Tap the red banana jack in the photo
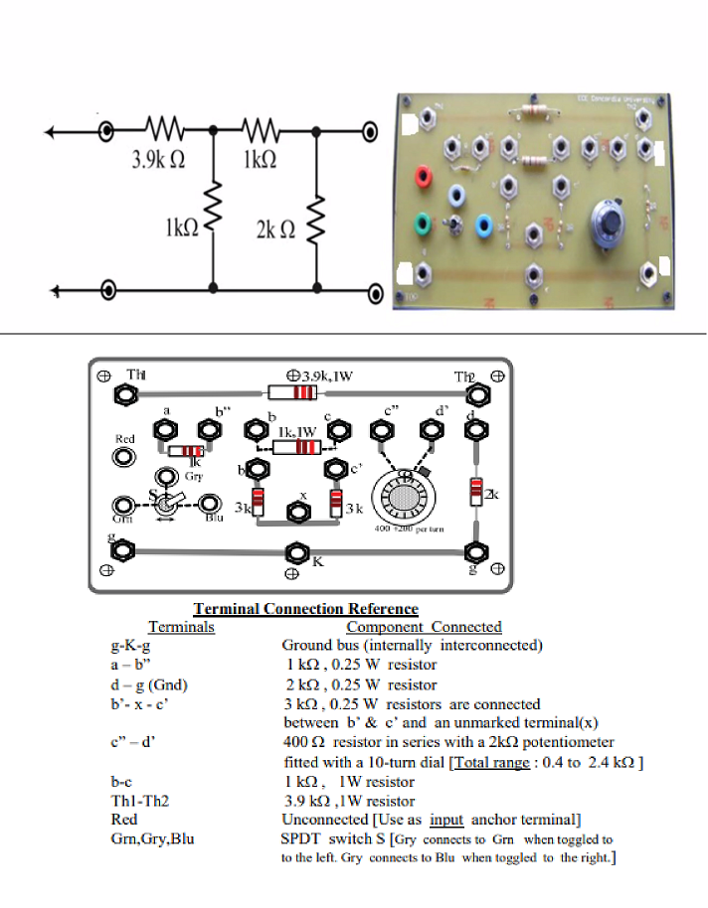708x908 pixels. [425, 179]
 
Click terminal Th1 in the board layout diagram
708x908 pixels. [125, 394]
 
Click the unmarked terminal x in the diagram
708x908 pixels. [296, 512]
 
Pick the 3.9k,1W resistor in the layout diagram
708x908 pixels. [293, 394]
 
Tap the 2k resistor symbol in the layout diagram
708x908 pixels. [477, 492]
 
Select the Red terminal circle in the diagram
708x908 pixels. [125, 456]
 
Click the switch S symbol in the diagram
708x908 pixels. [165, 504]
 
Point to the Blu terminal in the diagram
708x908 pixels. [210, 504]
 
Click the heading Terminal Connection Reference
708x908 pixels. [305, 609]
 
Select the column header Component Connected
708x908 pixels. [424, 627]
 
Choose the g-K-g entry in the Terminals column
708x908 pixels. [131, 646]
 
